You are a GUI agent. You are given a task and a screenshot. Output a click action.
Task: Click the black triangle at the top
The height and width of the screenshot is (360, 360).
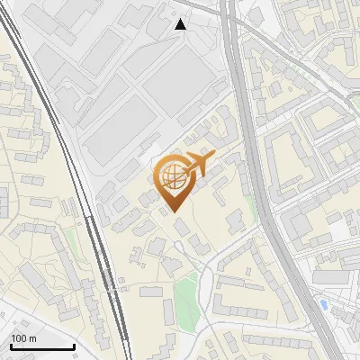pos(181,24)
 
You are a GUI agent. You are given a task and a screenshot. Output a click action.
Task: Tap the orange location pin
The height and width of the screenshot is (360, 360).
pos(175,184)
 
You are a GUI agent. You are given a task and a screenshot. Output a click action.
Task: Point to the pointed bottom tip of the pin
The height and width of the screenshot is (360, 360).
pos(175,212)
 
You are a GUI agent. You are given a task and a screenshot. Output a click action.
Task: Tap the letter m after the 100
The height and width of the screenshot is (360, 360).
pos(32,338)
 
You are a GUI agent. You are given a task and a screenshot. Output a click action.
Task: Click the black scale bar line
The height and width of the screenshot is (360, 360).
pos(42,346)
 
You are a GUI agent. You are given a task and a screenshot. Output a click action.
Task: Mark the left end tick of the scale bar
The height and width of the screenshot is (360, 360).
pos(11,345)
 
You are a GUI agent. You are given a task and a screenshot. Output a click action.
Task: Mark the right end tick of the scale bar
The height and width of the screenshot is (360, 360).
pos(74,345)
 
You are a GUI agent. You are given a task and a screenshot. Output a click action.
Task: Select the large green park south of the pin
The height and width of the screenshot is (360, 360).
pos(186,298)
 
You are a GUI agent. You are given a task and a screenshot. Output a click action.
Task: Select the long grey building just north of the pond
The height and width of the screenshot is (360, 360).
pos(329,278)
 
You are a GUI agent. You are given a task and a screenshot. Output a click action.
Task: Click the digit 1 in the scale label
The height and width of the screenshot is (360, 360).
pos(14,338)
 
